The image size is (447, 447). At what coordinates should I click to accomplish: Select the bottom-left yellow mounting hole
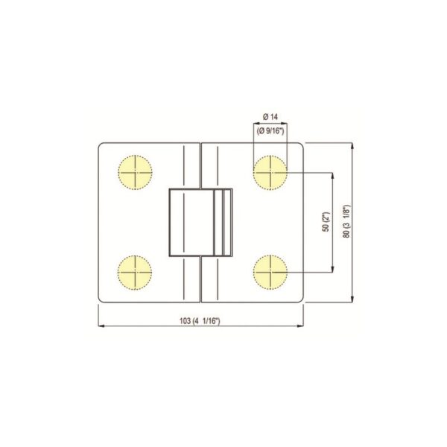click(135, 272)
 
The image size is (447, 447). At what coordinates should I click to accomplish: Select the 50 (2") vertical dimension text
click(326, 223)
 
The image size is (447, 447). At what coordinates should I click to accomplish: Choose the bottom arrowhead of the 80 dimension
click(352, 299)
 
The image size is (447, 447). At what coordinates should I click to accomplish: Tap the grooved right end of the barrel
click(226, 223)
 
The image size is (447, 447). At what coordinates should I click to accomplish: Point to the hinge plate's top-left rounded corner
click(103, 147)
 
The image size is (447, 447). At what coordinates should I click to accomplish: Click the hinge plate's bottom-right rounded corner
click(301, 299)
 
